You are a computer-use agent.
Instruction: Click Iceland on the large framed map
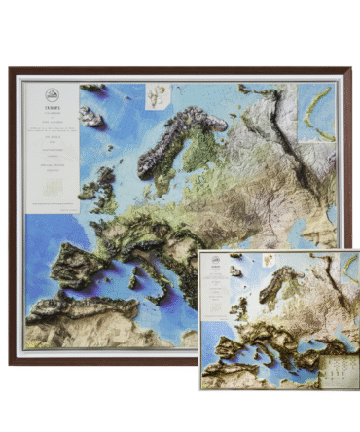[91, 118]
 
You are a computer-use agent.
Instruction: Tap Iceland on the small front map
[235, 270]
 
